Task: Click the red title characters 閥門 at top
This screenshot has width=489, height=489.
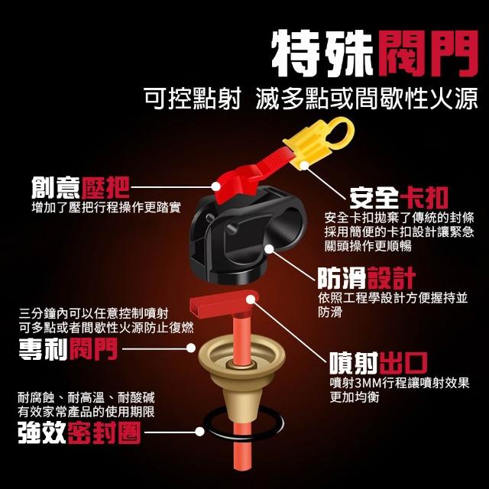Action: pyautogui.click(x=428, y=53)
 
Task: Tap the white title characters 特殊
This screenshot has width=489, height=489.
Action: pyautogui.click(x=322, y=53)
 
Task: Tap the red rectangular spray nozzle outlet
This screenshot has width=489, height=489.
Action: pyautogui.click(x=223, y=302)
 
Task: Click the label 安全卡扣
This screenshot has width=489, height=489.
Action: pyautogui.click(x=399, y=198)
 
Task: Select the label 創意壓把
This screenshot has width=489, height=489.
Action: pyautogui.click(x=80, y=187)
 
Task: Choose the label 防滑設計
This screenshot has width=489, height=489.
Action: pyautogui.click(x=367, y=278)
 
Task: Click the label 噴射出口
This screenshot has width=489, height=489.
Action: pyautogui.click(x=379, y=363)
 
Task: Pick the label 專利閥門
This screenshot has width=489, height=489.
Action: pyautogui.click(x=68, y=348)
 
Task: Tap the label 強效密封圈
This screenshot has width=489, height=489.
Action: pyautogui.click(x=79, y=432)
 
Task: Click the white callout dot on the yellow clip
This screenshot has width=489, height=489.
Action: pyautogui.click(x=304, y=165)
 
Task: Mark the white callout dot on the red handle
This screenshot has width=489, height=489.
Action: pyautogui.click(x=215, y=186)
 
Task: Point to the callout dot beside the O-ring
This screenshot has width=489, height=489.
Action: pyautogui.click(x=199, y=432)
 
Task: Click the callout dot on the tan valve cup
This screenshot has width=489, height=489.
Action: pyautogui.click(x=191, y=348)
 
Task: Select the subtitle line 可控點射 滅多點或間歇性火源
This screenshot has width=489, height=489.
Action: pyautogui.click(x=311, y=99)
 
